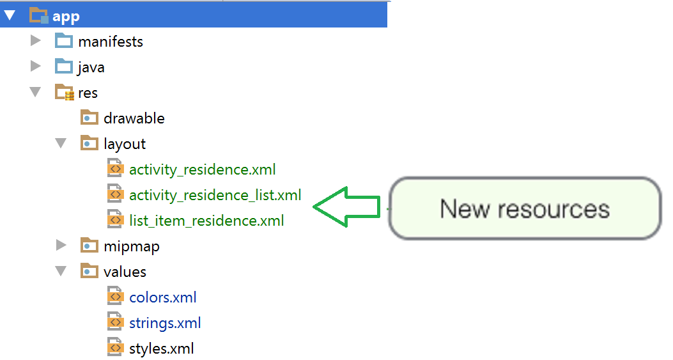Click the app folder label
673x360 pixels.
(x=66, y=16)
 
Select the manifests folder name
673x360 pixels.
(x=111, y=42)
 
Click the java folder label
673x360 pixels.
(x=91, y=67)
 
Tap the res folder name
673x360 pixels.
(x=88, y=93)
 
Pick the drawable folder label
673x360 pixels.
(x=134, y=118)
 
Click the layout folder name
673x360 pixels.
(x=125, y=144)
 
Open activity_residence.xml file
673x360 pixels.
(x=202, y=169)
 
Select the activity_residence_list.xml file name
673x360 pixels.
(x=215, y=195)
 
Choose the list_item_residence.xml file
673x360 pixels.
(x=206, y=221)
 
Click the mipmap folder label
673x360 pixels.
(x=132, y=246)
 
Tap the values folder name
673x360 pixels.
(x=125, y=272)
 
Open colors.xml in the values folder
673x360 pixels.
(x=162, y=297)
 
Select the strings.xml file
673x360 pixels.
(x=165, y=323)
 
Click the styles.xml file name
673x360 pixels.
(x=161, y=348)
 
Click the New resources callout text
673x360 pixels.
(x=525, y=209)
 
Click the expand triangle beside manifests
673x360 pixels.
(x=36, y=41)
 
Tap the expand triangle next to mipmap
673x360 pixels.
(x=61, y=246)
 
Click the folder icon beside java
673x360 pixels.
(x=64, y=67)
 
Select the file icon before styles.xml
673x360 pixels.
(x=115, y=348)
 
